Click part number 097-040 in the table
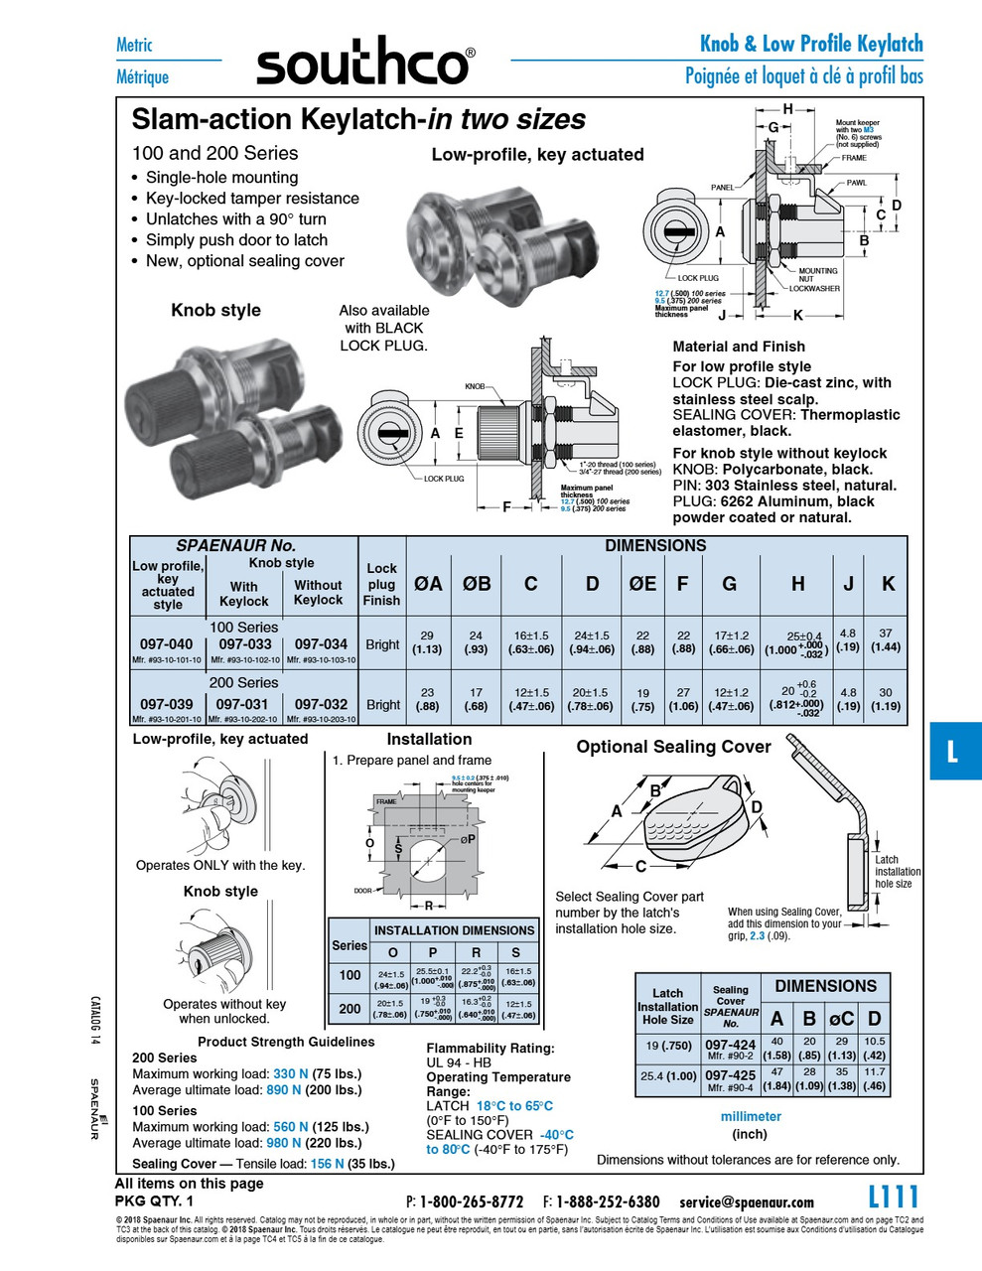(167, 643)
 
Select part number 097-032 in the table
(321, 704)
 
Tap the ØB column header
(477, 584)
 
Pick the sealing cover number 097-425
(730, 1074)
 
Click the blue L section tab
(954, 751)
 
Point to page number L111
(894, 1197)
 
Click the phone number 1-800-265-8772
(471, 1201)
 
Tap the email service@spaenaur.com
(747, 1201)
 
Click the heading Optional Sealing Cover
(673, 747)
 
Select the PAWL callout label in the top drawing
(856, 184)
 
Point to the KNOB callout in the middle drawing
(475, 386)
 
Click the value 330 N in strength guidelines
(290, 1073)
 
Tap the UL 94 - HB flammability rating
(459, 1061)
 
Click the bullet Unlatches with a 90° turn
(235, 219)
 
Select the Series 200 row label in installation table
(350, 1008)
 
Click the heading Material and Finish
(739, 347)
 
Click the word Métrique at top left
(142, 76)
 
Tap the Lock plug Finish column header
(381, 584)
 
